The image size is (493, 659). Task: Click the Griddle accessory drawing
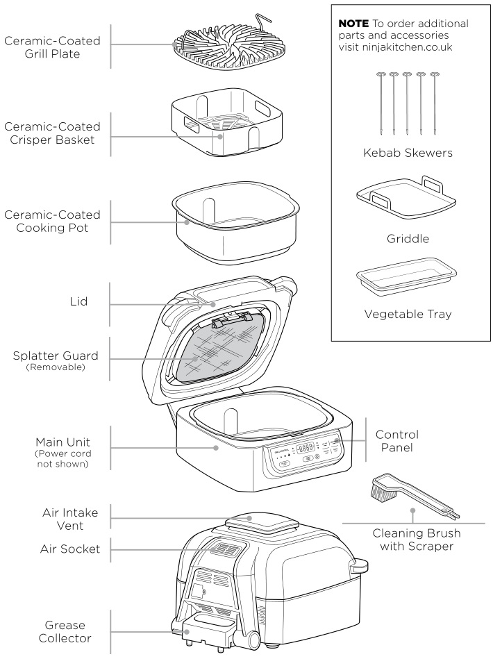click(x=400, y=202)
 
